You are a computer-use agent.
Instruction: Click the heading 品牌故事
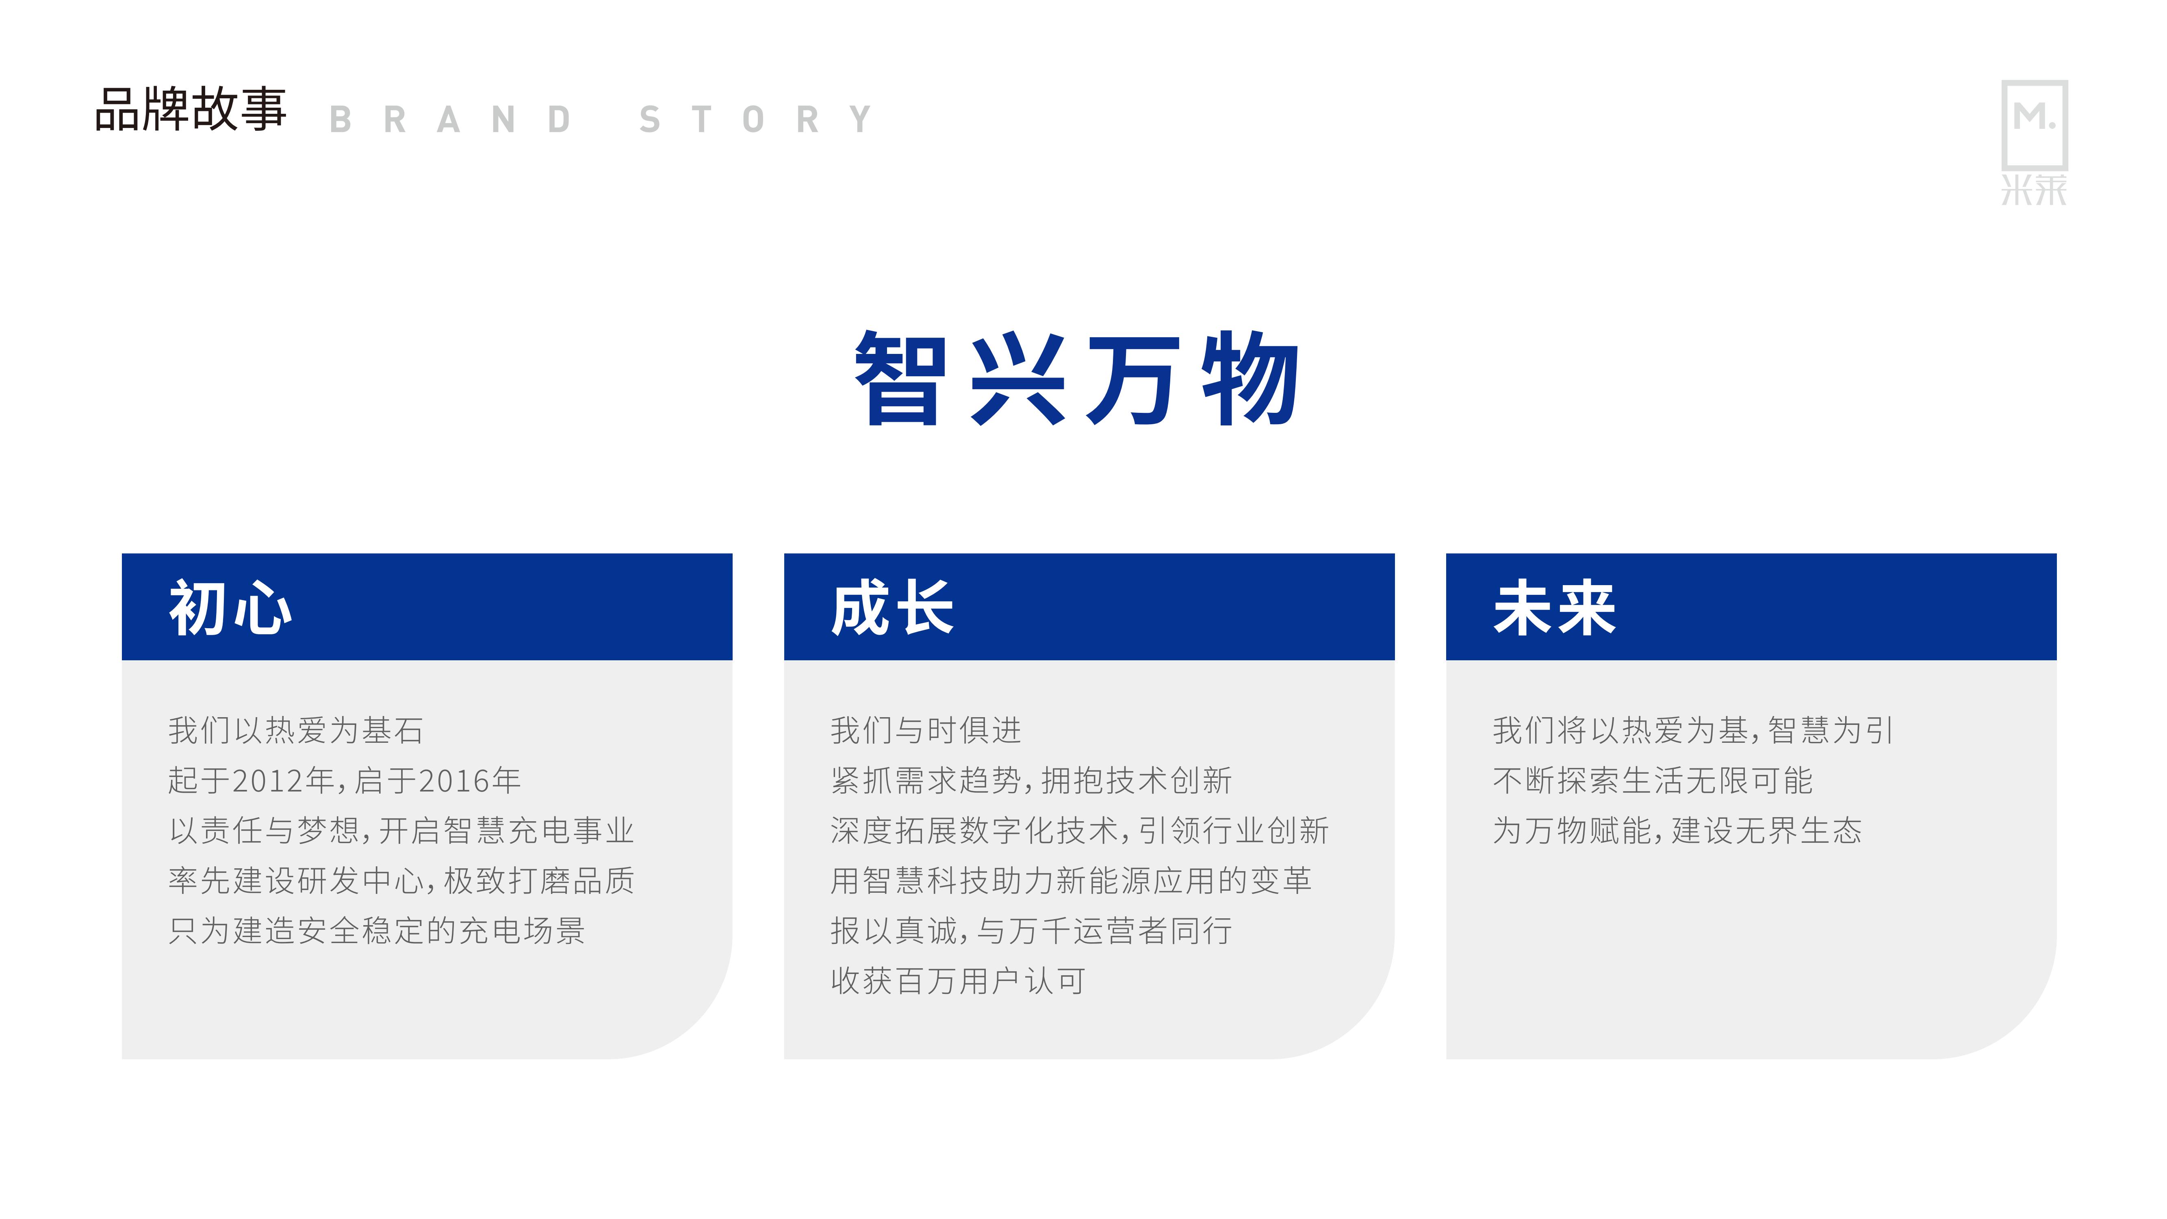pyautogui.click(x=191, y=109)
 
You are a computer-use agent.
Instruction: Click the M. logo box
pyautogui.click(x=2034, y=124)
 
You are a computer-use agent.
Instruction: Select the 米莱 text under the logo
pyautogui.click(x=2034, y=190)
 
